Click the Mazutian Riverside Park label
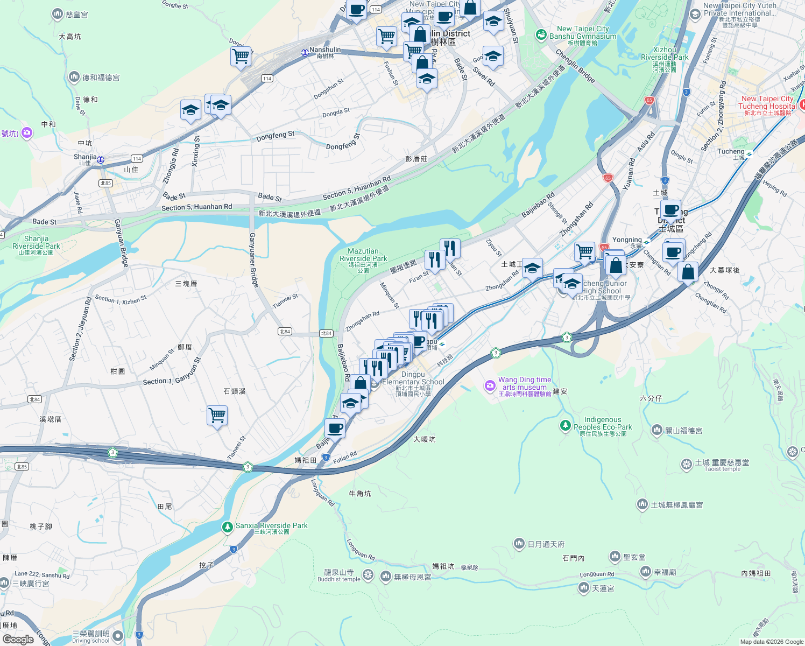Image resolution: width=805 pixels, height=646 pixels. [x=363, y=255]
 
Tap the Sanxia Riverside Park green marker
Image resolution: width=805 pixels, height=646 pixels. [x=228, y=526]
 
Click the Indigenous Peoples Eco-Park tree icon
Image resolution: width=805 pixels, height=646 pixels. [x=565, y=426]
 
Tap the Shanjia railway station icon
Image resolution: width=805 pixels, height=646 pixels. [x=101, y=160]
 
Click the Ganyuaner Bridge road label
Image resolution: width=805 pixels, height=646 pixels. [x=253, y=259]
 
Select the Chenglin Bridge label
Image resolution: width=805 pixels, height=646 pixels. [x=575, y=66]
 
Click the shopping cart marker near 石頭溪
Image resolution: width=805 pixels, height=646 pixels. [x=217, y=416]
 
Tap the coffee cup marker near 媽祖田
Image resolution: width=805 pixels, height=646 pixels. [x=335, y=429]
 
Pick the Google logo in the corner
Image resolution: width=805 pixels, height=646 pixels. [x=18, y=639]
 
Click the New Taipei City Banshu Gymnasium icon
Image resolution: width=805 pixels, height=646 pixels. [x=541, y=34]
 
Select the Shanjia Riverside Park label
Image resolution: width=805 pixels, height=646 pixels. [x=36, y=242]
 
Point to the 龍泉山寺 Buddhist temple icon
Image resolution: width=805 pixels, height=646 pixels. [x=368, y=575]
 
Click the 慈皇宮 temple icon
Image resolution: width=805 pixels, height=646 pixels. [x=57, y=15]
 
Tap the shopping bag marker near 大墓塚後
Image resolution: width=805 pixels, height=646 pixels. [x=688, y=272]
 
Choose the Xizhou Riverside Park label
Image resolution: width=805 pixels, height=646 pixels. [x=665, y=53]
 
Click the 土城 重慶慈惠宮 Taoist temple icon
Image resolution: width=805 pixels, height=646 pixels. [x=686, y=464]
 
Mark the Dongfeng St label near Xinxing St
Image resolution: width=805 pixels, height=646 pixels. [x=276, y=136]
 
